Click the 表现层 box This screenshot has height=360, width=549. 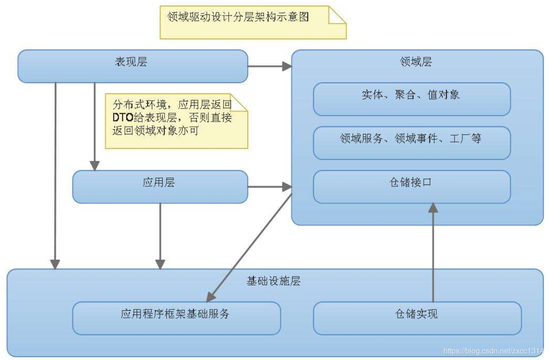(132, 66)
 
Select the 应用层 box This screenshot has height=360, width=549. (160, 187)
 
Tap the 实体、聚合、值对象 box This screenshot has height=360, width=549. (412, 99)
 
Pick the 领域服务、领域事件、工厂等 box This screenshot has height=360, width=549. (412, 143)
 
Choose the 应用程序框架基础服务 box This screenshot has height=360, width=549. (176, 318)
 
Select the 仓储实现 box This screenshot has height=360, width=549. (417, 318)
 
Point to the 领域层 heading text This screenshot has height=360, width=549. (416, 62)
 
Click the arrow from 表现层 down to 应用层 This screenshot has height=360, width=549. (95, 125)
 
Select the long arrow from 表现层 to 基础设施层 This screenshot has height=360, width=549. (55, 175)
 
